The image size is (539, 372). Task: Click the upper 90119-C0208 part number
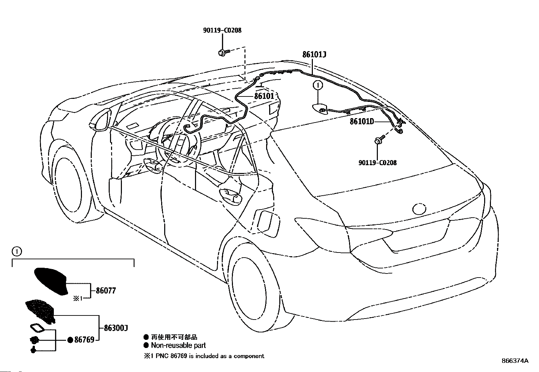click(222, 30)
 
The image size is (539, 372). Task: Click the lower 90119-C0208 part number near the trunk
click(377, 163)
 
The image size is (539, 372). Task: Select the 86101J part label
click(314, 54)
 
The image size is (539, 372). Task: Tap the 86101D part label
click(362, 122)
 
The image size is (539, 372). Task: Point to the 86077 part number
click(106, 290)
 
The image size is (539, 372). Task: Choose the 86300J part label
click(116, 328)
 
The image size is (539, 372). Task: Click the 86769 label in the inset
click(84, 340)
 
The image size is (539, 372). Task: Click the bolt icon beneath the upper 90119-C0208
click(224, 52)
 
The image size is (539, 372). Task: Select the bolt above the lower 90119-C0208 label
click(380, 139)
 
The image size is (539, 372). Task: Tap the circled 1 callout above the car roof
click(318, 85)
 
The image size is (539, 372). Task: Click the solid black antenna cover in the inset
click(51, 281)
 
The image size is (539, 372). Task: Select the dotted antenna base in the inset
click(40, 311)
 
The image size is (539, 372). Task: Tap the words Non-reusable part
click(178, 345)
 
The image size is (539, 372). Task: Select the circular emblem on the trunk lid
click(419, 209)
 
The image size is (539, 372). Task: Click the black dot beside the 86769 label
click(70, 340)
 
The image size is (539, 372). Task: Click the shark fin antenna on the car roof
click(320, 109)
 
